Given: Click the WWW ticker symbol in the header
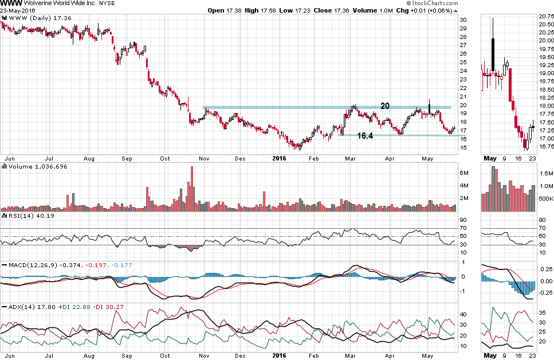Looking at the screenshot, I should pyautogui.click(x=11, y=3).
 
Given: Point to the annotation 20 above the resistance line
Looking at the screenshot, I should pyautogui.click(x=386, y=105).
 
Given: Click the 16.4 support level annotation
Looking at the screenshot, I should pyautogui.click(x=365, y=136).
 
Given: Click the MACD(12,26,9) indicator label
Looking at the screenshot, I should pyautogui.click(x=32, y=265).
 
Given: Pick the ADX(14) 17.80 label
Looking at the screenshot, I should pyautogui.click(x=26, y=307).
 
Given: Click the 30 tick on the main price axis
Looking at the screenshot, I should pyautogui.click(x=463, y=20).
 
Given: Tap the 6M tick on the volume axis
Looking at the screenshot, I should pyautogui.click(x=465, y=173).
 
